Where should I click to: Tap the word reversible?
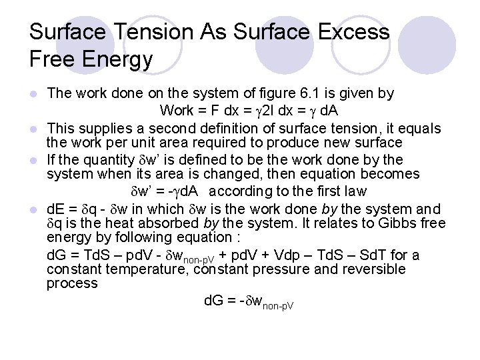(x=373, y=269)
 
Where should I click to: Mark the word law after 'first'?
(x=355, y=191)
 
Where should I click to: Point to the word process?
(x=72, y=283)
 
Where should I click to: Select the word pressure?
(x=285, y=269)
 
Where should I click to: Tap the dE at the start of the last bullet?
(x=56, y=209)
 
